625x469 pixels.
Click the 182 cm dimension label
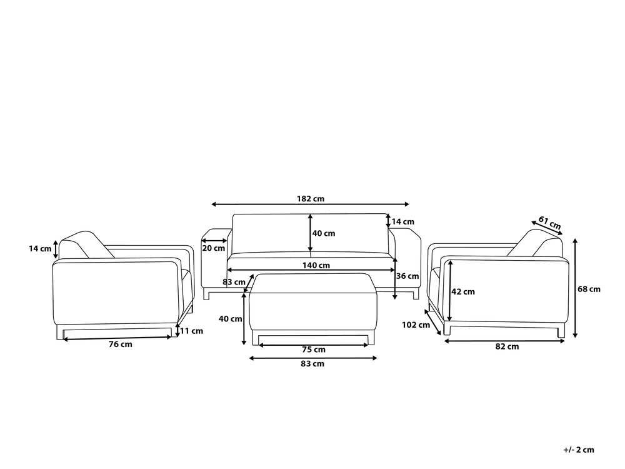pyautogui.click(x=311, y=198)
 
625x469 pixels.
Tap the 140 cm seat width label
pyautogui.click(x=316, y=265)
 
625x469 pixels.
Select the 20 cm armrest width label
pyautogui.click(x=214, y=248)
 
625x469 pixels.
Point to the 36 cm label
pyautogui.click(x=407, y=276)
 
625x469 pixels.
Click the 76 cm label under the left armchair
pyautogui.click(x=121, y=344)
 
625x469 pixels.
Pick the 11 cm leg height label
pyautogui.click(x=191, y=331)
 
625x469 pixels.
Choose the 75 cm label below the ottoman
pyautogui.click(x=314, y=350)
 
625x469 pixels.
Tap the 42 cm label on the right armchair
pyautogui.click(x=463, y=291)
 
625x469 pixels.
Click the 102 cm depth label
pyautogui.click(x=416, y=325)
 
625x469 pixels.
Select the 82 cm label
pyautogui.click(x=507, y=346)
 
